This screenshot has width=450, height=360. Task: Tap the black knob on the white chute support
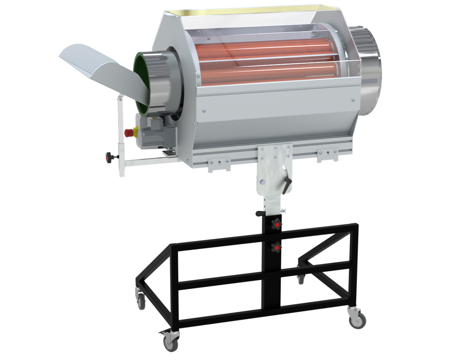(109, 156)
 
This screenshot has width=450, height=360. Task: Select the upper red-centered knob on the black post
(276, 224)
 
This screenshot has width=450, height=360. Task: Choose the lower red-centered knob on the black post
(276, 248)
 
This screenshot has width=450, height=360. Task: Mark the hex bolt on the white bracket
(262, 181)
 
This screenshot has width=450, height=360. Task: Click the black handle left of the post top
(260, 214)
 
